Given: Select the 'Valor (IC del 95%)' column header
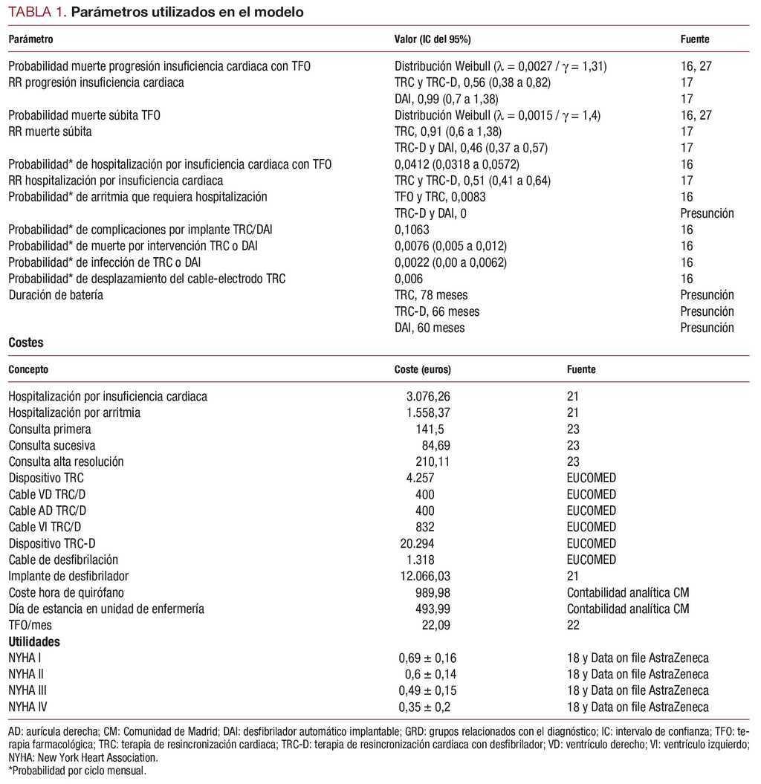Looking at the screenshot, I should pyautogui.click(x=432, y=39).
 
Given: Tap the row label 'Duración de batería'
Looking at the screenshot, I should pyautogui.click(x=56, y=295).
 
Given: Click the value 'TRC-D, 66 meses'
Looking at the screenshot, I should pyautogui.click(x=437, y=311).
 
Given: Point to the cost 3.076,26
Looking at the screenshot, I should pyautogui.click(x=425, y=396).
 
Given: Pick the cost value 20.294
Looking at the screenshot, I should pyautogui.click(x=418, y=543).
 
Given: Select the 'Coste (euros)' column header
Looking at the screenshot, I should pyautogui.click(x=422, y=369).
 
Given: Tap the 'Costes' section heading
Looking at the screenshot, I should pyautogui.click(x=26, y=343).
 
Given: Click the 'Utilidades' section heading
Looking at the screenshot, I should pyautogui.click(x=34, y=641).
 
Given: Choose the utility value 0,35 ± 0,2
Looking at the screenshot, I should pyautogui.click(x=424, y=707).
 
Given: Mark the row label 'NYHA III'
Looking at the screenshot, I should pyautogui.click(x=29, y=690).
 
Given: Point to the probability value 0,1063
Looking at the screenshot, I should pyautogui.click(x=412, y=230).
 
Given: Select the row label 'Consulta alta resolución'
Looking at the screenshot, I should pyautogui.click(x=66, y=461).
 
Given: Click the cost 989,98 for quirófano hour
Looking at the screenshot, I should pyautogui.click(x=433, y=592).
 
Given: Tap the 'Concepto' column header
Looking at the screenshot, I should pyautogui.click(x=28, y=369).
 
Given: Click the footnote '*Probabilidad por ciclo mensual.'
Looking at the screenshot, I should pyautogui.click(x=77, y=771).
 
